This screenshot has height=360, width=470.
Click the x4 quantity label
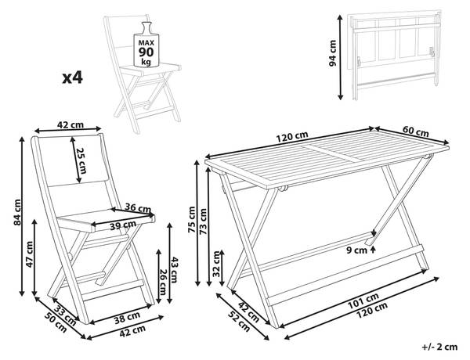(x=72, y=77)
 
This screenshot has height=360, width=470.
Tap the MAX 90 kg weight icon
(x=146, y=45)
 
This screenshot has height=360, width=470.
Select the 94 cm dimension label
(x=332, y=53)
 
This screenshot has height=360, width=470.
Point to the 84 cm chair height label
(x=17, y=212)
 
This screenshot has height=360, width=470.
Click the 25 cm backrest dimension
(x=81, y=160)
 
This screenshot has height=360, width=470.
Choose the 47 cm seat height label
(x=30, y=254)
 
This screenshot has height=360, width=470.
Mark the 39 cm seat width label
(x=123, y=225)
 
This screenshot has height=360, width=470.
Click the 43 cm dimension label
(x=174, y=270)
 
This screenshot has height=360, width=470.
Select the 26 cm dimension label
(x=163, y=282)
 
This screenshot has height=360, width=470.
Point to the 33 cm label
(x=64, y=312)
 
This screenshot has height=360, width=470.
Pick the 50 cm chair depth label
(x=56, y=322)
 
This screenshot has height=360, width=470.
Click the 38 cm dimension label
(x=127, y=318)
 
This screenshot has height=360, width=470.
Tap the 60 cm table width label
(x=415, y=131)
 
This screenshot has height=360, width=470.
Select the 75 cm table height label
(x=191, y=220)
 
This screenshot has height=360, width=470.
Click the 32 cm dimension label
(x=216, y=264)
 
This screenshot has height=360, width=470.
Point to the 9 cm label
(x=357, y=250)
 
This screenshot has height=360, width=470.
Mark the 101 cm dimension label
(x=363, y=301)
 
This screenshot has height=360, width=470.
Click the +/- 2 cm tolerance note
(x=439, y=347)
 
